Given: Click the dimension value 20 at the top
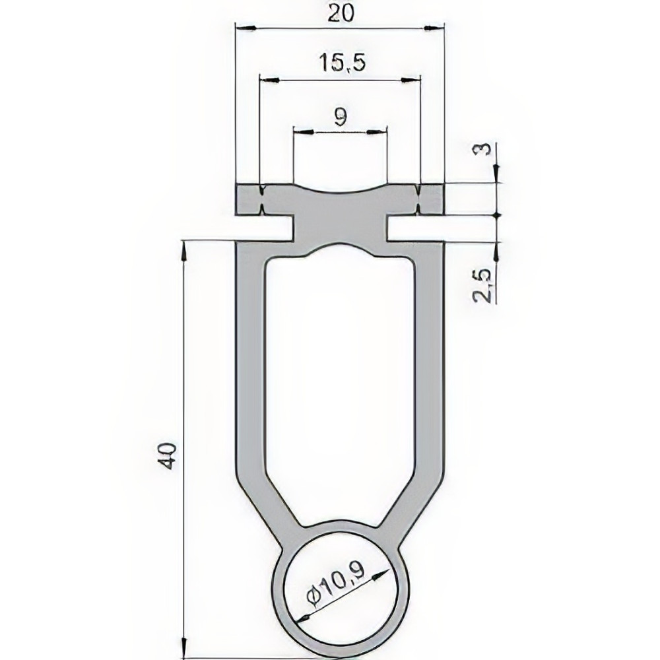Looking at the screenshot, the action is click(x=341, y=13).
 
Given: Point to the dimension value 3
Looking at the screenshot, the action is click(x=485, y=149).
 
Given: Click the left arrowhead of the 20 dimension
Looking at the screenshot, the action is click(x=246, y=28).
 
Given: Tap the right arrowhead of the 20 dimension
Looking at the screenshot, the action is click(x=434, y=28).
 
